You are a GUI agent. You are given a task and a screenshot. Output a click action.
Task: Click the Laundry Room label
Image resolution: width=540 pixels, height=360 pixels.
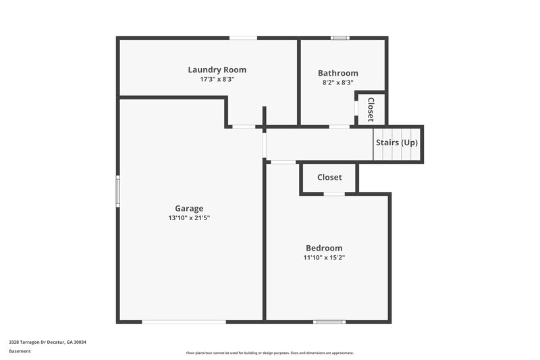point(217,70)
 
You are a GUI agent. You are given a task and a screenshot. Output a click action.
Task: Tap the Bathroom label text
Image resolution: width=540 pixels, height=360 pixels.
point(337,73)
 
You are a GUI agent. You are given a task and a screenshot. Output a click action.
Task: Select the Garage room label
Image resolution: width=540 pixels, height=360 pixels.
point(189,209)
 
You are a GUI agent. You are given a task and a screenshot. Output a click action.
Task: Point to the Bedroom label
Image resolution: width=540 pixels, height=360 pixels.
point(323,248)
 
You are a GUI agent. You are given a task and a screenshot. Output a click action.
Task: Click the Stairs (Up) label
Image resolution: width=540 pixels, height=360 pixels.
point(397,143)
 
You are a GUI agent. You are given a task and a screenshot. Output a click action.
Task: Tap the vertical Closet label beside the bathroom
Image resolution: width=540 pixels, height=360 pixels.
point(371,109)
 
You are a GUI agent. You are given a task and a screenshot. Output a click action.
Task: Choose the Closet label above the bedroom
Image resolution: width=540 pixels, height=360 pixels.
point(329,178)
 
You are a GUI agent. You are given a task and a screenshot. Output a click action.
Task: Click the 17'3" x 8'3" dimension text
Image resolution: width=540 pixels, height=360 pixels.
point(217,79)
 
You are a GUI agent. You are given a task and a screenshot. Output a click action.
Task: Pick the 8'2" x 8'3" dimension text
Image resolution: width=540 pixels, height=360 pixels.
point(337,82)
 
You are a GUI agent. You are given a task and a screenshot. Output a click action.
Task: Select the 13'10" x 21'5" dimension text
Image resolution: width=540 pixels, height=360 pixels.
point(189,218)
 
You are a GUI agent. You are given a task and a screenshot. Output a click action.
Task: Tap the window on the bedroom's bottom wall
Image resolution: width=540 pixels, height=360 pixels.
point(329,322)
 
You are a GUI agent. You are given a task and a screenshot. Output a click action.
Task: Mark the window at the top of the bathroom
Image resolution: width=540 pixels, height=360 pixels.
point(339,37)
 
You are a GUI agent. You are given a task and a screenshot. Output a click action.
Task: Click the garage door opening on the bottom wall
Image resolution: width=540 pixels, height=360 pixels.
point(184,322)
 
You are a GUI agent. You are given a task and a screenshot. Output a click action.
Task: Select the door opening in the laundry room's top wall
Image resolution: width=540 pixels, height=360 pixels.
point(243,37)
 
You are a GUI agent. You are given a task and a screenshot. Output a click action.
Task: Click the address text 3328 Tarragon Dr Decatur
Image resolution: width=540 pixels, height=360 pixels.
point(47,342)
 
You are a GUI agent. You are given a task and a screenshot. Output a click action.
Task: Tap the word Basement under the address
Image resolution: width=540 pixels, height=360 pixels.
point(20,351)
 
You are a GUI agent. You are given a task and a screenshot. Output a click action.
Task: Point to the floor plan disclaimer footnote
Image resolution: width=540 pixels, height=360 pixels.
point(269,353)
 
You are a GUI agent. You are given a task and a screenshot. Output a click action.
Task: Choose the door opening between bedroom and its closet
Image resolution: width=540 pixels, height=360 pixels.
point(333,194)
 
